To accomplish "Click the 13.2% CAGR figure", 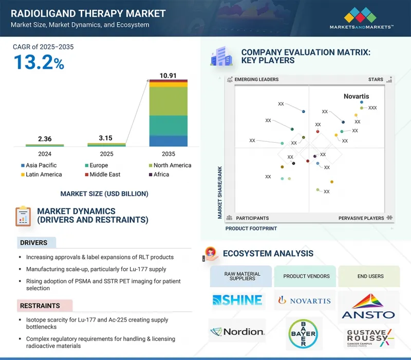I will tap(39, 63).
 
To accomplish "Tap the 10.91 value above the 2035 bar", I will tap(168, 75).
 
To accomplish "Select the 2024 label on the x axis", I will tap(45, 154).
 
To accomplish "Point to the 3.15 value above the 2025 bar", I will tap(106, 138).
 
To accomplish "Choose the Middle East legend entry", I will tap(105, 175).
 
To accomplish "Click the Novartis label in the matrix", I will tap(356, 96).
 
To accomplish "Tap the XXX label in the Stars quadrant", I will tap(372, 108).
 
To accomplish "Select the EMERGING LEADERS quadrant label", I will tap(256, 80).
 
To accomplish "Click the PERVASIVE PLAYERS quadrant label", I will tap(361, 218).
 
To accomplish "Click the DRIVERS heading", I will tap(34, 242).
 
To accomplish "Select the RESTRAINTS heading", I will tap(40, 306).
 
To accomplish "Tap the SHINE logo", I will tap(237, 300).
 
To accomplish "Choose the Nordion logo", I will tap(237, 332).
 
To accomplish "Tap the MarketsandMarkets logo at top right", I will tap(362, 18).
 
